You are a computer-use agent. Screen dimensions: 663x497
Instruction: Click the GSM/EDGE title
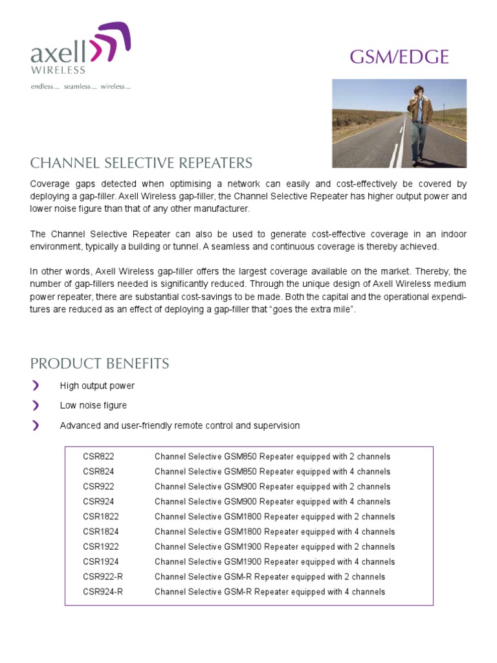[x=399, y=57]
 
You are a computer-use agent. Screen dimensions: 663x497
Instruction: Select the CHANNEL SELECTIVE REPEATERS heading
[x=142, y=163]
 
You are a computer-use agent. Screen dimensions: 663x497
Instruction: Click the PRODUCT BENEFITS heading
[x=100, y=363]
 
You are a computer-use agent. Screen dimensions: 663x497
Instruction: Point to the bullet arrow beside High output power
[x=36, y=386]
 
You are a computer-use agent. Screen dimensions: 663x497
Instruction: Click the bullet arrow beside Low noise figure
[x=36, y=405]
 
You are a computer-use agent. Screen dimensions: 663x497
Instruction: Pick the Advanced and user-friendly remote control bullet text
[x=179, y=425]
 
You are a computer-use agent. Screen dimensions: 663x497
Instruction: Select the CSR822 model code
[x=98, y=457]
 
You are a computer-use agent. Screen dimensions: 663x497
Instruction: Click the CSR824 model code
[x=98, y=472]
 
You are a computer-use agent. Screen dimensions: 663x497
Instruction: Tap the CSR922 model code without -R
[x=98, y=487]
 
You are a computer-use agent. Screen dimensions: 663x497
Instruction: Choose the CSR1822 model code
[x=101, y=517]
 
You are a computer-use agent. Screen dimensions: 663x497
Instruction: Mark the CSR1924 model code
[x=101, y=562]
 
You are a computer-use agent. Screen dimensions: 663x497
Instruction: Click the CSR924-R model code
[x=103, y=592]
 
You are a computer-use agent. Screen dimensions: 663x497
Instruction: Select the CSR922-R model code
[x=103, y=577]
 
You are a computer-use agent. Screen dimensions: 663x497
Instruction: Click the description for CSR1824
[x=274, y=532]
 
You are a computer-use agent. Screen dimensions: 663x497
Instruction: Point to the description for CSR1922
[x=274, y=547]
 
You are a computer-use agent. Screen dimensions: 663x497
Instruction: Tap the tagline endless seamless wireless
[x=81, y=87]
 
